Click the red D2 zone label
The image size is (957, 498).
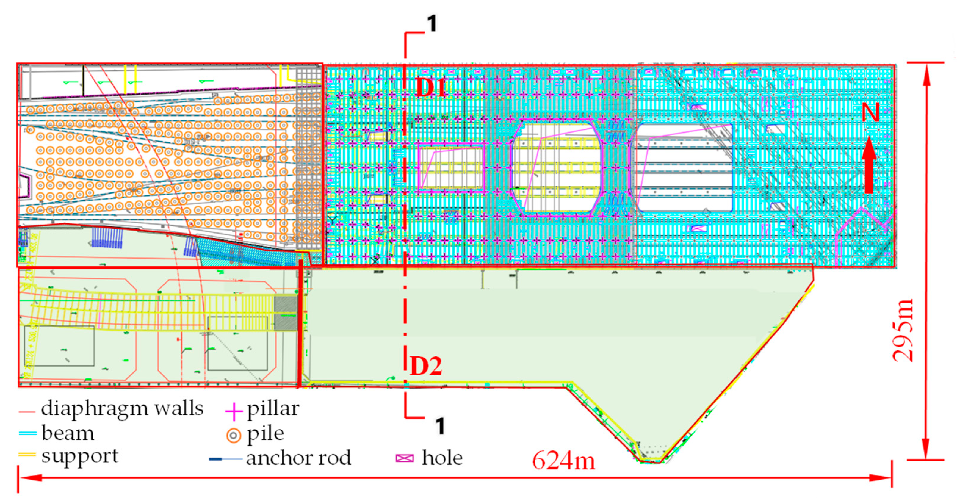[x=426, y=367]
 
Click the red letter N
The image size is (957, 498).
[x=870, y=112]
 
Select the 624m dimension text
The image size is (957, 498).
[x=563, y=461]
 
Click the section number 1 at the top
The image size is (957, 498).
[x=432, y=24]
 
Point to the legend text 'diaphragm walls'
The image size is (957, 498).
[x=122, y=408]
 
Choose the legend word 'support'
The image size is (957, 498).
[x=80, y=456]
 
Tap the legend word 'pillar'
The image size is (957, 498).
[x=273, y=409]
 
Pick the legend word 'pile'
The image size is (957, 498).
[x=266, y=434]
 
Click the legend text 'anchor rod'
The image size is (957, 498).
[x=298, y=458]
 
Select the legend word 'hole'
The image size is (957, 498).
[x=442, y=458]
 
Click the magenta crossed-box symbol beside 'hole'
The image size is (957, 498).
[x=405, y=458]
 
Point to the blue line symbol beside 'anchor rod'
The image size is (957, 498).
[x=225, y=459]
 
